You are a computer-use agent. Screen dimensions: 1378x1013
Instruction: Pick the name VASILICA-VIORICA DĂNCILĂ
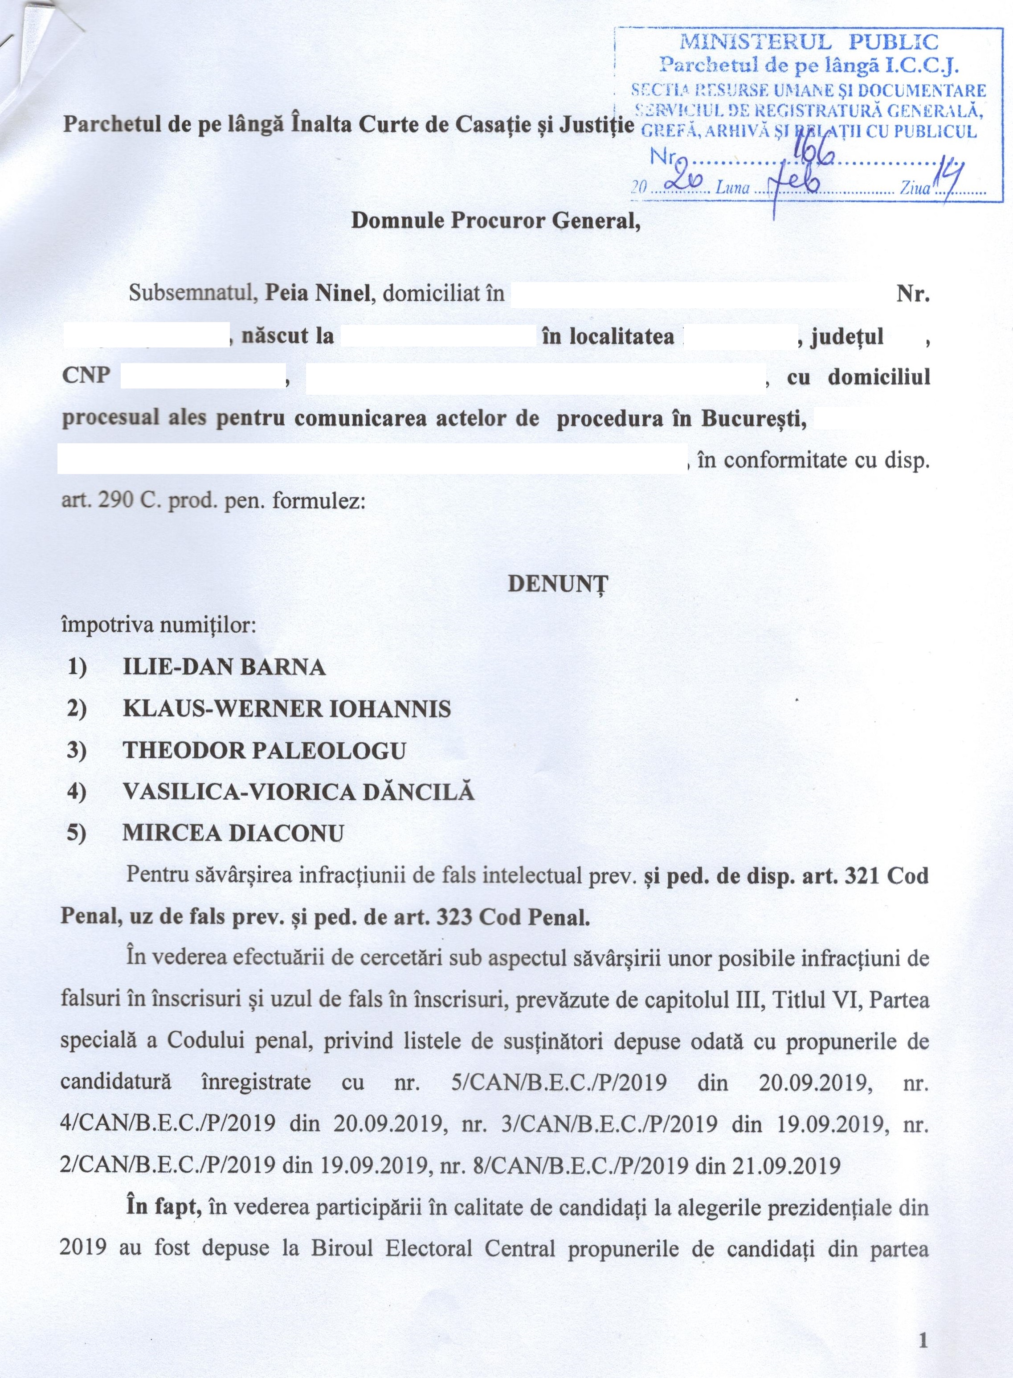(x=298, y=792)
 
